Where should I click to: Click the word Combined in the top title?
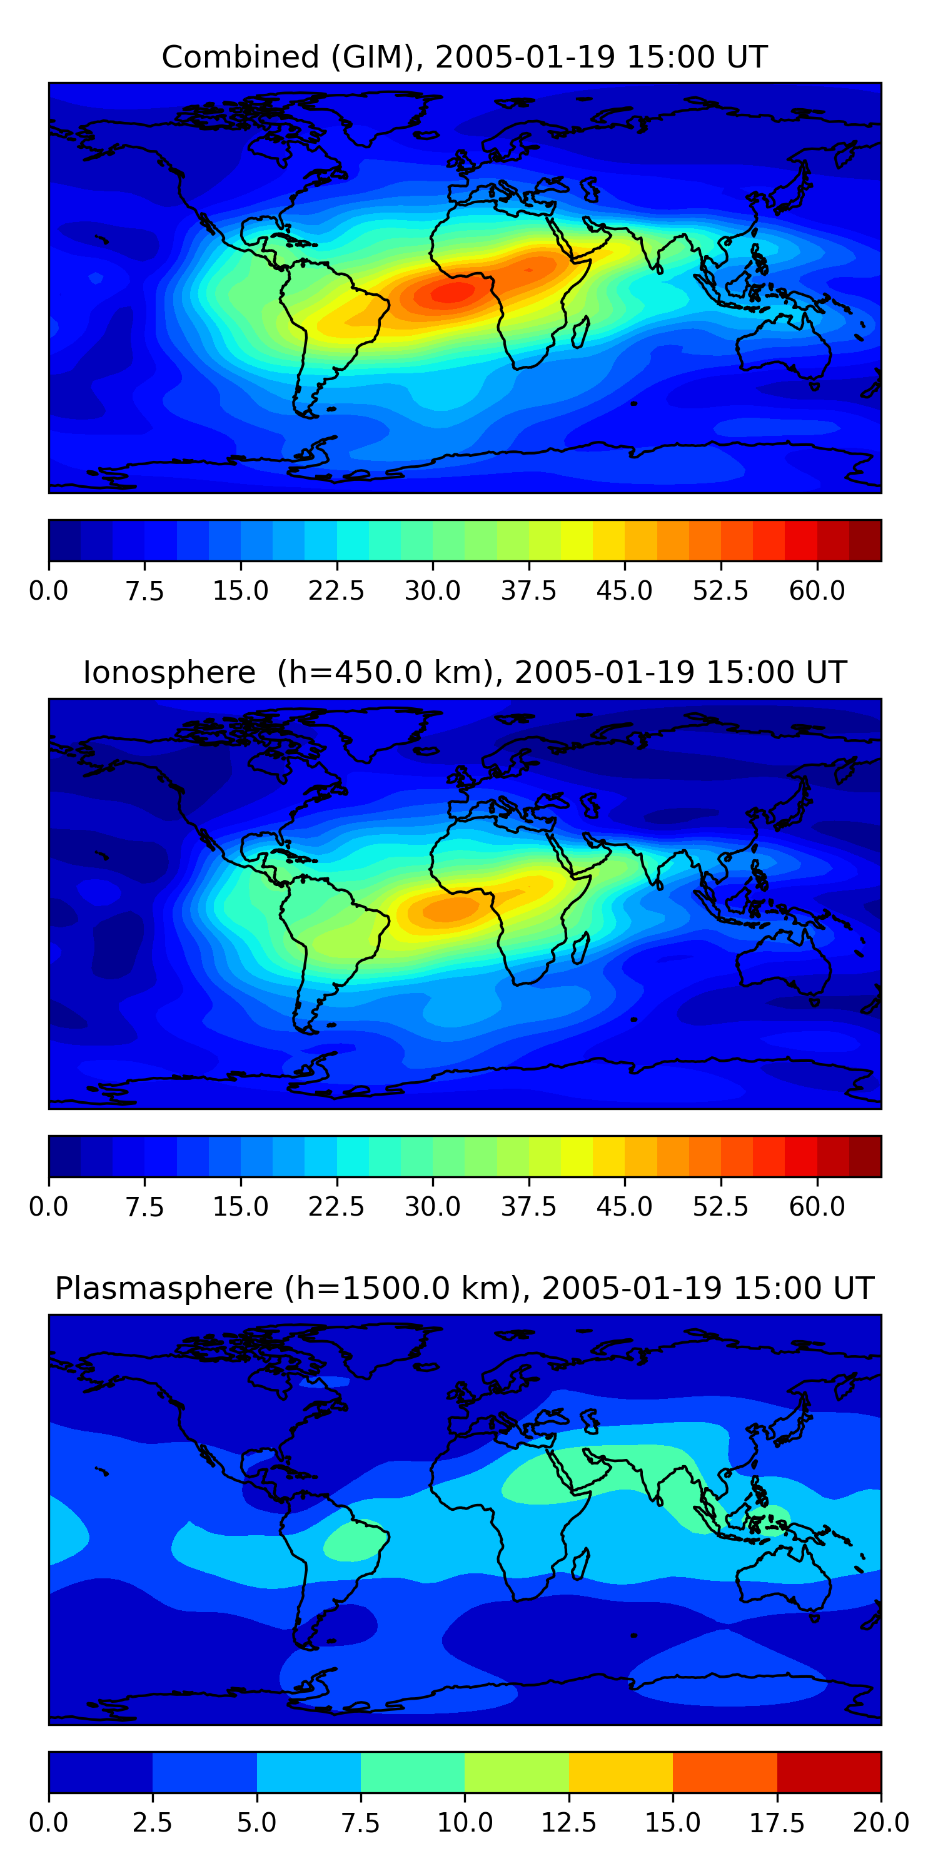click(x=240, y=57)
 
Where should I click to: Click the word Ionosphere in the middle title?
click(x=169, y=672)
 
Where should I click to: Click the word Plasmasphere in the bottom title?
click(x=164, y=1288)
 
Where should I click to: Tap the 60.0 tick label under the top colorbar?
click(x=817, y=590)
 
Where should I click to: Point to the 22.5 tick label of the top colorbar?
click(x=336, y=590)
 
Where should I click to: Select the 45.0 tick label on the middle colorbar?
click(x=624, y=1207)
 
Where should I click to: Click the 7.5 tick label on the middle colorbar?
click(x=144, y=1207)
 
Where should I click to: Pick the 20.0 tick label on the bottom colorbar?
click(x=880, y=1823)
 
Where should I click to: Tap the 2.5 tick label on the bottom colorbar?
click(x=152, y=1823)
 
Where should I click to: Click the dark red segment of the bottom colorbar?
click(x=829, y=1772)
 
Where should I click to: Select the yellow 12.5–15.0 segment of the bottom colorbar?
click(x=620, y=1772)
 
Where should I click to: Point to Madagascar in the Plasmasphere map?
click(x=580, y=1563)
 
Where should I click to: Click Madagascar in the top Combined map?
click(x=580, y=332)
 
